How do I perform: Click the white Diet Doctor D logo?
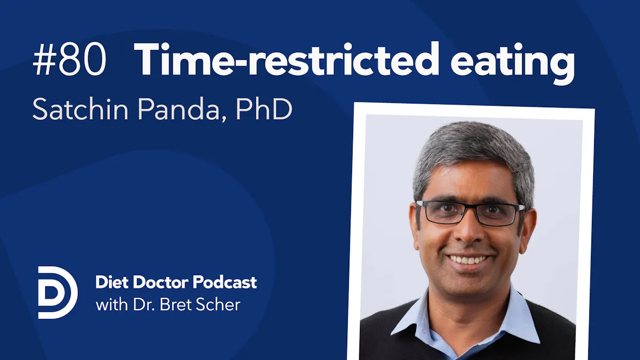[x=58, y=292]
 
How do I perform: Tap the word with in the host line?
[x=110, y=306]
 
